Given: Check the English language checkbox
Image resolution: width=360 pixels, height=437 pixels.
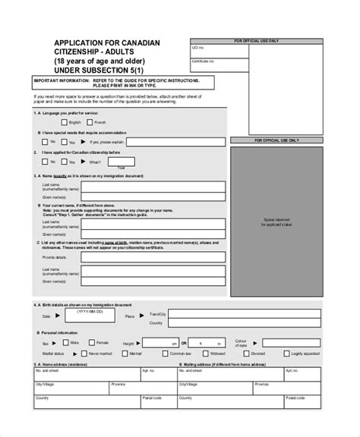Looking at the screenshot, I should pos(64,121).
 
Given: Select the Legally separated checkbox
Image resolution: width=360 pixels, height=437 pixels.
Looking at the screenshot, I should pos(286,354).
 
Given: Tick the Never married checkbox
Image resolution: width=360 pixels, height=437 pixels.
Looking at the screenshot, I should pos(82,354).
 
